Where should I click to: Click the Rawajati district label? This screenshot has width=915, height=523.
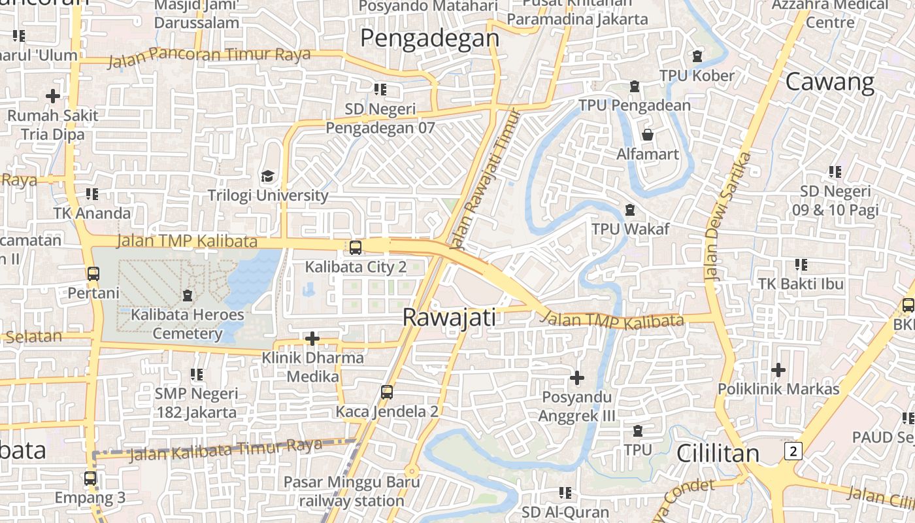(449, 318)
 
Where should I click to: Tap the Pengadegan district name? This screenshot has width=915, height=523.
(429, 39)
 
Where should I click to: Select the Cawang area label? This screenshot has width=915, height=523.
(829, 82)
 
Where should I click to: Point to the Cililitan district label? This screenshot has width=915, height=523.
(718, 453)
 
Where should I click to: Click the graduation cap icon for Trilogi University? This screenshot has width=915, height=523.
(267, 177)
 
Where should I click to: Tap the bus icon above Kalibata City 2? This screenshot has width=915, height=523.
(355, 248)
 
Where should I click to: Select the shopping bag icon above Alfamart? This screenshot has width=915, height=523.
(648, 135)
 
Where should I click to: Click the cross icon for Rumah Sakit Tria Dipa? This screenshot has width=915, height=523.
(53, 96)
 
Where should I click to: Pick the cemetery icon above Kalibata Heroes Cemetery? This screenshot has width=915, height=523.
(188, 295)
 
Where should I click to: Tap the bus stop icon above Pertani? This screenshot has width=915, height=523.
(93, 274)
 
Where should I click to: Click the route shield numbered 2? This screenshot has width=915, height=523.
(793, 451)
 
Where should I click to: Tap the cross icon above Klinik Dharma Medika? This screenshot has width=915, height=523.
(312, 339)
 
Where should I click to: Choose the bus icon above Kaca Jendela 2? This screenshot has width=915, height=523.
(387, 392)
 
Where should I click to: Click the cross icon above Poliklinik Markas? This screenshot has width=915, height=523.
(778, 370)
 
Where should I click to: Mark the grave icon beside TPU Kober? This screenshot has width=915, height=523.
(697, 56)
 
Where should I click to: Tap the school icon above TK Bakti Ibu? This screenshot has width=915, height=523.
(801, 265)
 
